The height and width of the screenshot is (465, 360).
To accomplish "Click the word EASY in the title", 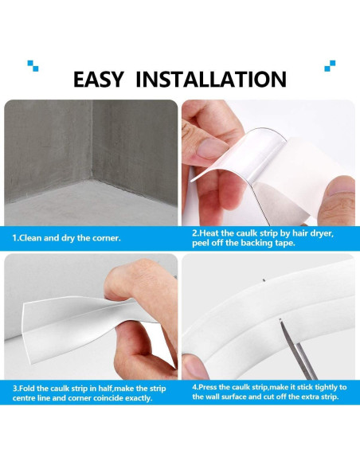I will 100,79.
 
